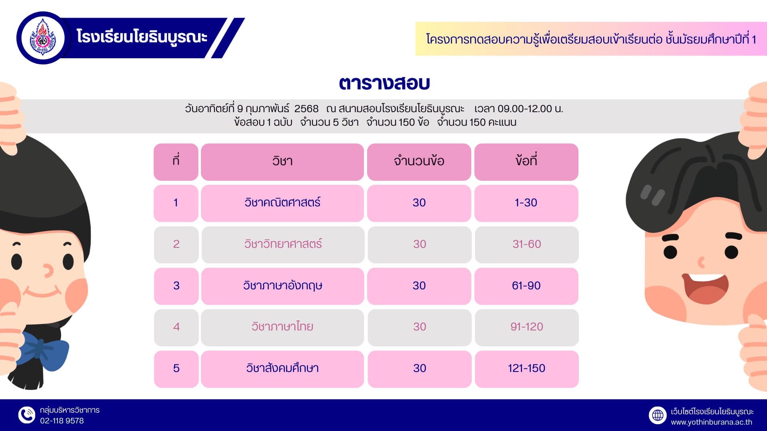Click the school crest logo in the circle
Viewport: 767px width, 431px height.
(x=43, y=38)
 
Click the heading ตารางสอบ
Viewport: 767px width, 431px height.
(x=384, y=83)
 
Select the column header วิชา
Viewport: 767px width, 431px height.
(x=282, y=162)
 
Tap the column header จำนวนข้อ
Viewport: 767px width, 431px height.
(x=419, y=162)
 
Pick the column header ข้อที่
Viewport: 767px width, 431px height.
(x=526, y=162)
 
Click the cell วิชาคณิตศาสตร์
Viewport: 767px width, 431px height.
(x=282, y=203)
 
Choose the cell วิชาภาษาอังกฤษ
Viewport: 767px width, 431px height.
(x=282, y=286)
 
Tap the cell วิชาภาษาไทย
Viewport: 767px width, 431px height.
(x=282, y=327)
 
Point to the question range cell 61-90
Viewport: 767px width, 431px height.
(x=526, y=286)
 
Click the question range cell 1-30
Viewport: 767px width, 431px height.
(x=526, y=203)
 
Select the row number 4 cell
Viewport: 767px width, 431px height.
(x=176, y=327)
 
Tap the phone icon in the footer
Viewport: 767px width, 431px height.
(x=27, y=415)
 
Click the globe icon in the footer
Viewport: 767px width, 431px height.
(x=658, y=415)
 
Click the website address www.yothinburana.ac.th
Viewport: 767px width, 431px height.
(x=711, y=422)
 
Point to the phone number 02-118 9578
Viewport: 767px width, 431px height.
(x=62, y=421)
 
